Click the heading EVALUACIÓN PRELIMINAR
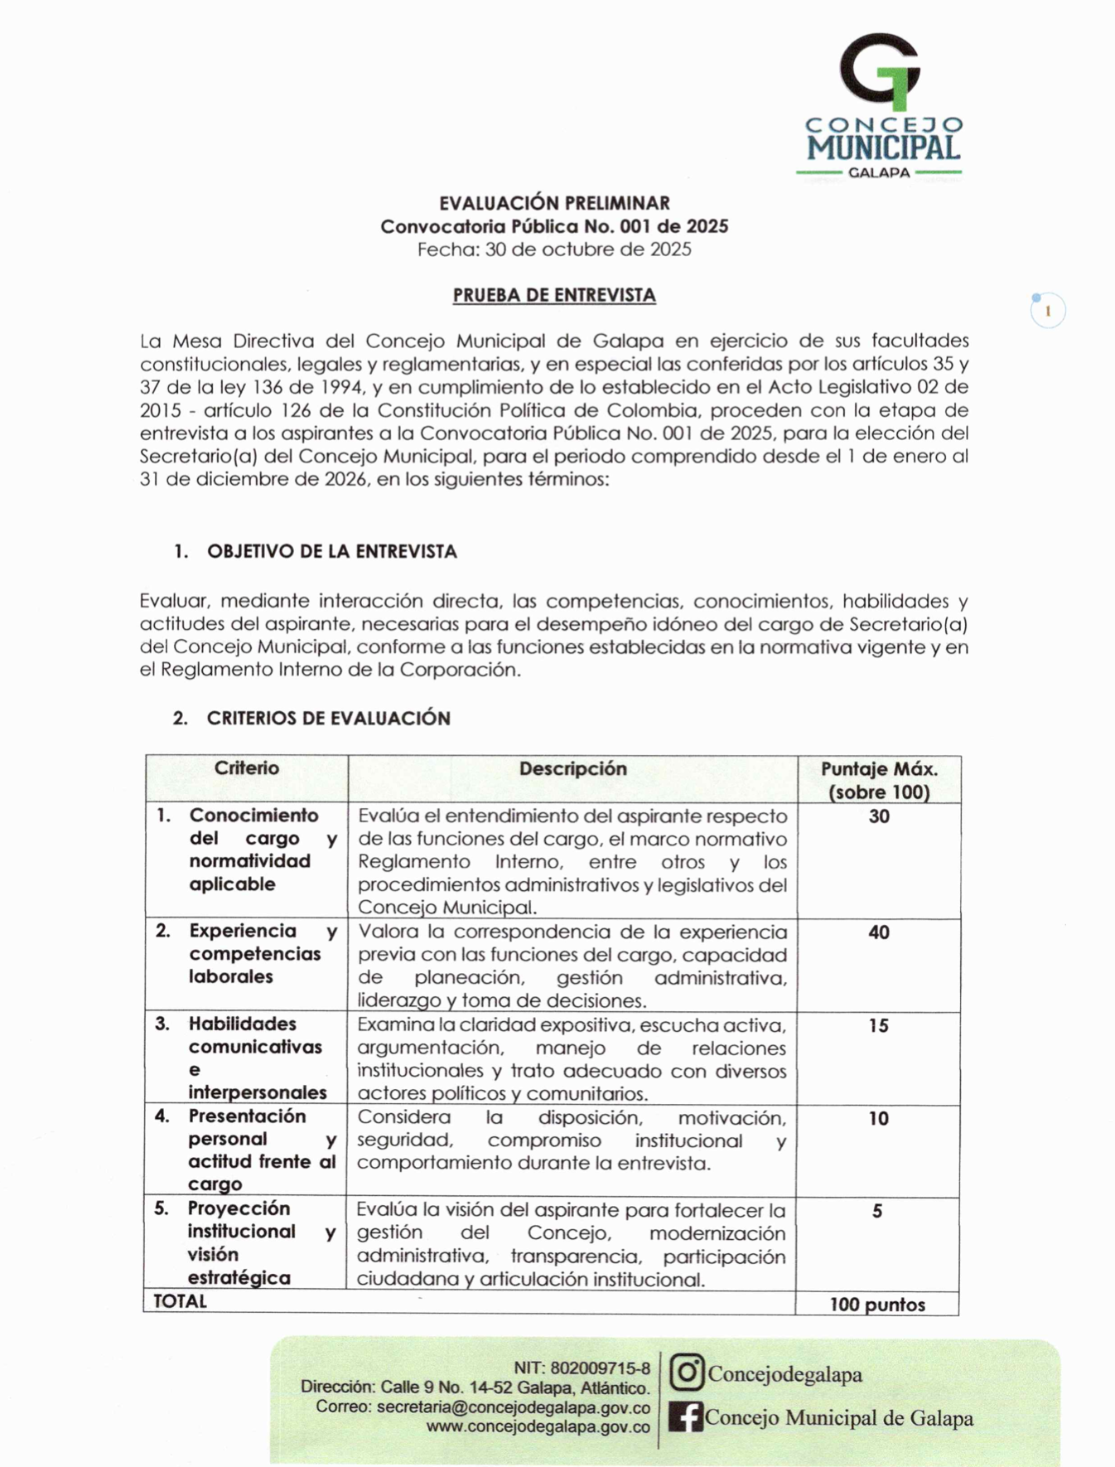pos(554,203)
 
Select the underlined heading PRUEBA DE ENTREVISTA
pos(554,295)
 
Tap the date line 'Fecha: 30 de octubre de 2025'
pos(554,249)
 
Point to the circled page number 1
pos(1048,312)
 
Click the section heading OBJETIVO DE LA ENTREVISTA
pos(331,552)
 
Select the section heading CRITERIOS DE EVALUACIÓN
pos(328,719)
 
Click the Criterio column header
pos(247,768)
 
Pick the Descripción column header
pos(572,769)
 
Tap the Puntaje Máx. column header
pos(879,780)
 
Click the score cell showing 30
pos(879,817)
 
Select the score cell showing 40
pos(879,933)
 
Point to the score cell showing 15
pos(879,1026)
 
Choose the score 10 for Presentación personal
pos(878,1119)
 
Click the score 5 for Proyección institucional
pos(877,1212)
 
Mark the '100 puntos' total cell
pos(877,1305)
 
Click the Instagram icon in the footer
pos(687,1373)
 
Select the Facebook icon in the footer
pos(686,1417)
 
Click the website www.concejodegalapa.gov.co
pos(538,1427)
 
